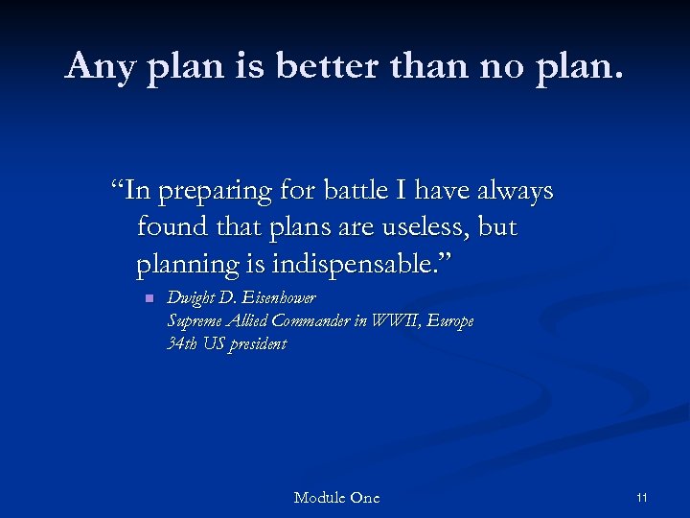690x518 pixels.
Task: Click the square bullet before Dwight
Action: pos(149,299)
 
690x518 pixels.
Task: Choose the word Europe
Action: pos(450,322)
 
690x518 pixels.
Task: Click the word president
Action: pos(256,343)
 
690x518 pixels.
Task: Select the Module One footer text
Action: pos(336,497)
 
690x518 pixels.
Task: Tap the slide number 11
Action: pos(642,497)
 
